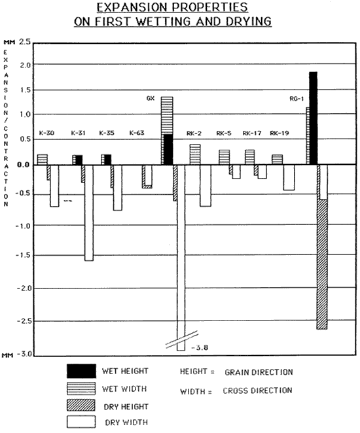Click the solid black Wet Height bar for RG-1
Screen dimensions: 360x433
click(x=313, y=118)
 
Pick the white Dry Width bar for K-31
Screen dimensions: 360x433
click(x=89, y=213)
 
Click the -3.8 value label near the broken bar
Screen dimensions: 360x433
click(x=200, y=348)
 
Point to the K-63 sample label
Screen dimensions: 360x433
click(x=137, y=133)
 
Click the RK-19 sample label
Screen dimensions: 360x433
click(x=279, y=133)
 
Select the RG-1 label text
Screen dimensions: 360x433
click(x=297, y=99)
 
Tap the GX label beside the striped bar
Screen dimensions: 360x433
click(x=151, y=98)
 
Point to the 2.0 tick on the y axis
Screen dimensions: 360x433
click(x=26, y=65)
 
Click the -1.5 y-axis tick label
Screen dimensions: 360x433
click(x=23, y=255)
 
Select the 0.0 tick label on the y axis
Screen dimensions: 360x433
click(x=23, y=165)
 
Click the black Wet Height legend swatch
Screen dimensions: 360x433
click(x=82, y=371)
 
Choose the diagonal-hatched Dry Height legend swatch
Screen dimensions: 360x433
click(x=81, y=405)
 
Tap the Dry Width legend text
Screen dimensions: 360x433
click(x=126, y=423)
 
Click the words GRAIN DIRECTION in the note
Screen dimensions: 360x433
click(x=259, y=372)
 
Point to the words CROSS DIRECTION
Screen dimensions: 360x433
click(x=257, y=390)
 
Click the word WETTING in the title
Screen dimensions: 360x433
click(x=163, y=22)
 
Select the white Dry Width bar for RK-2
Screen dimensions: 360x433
click(x=206, y=186)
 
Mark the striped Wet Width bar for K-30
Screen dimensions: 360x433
click(x=43, y=160)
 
